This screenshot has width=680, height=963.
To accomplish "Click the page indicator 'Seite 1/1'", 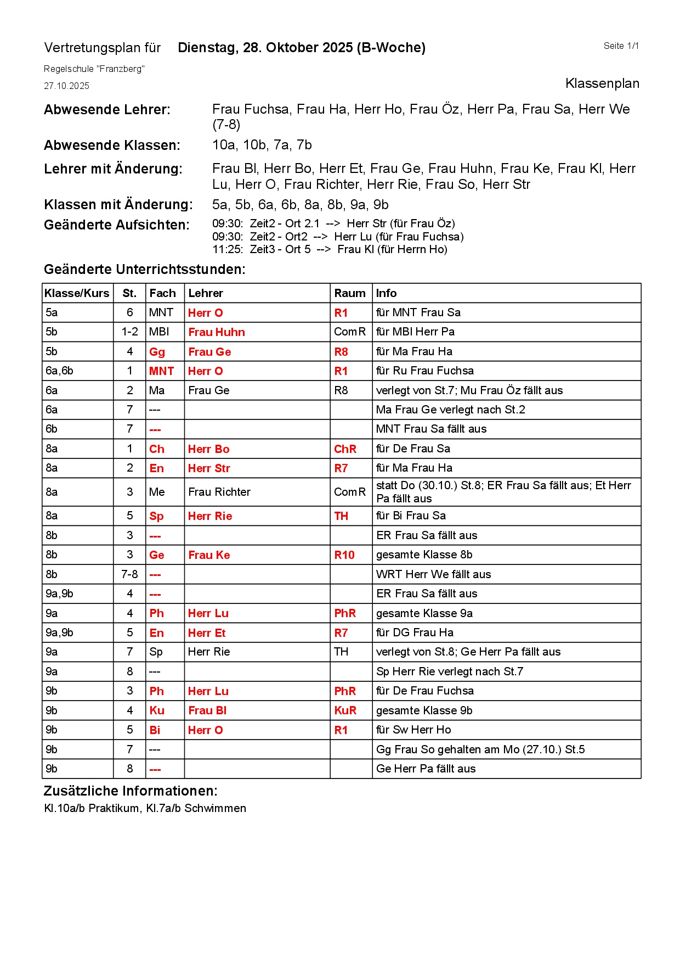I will (x=621, y=46).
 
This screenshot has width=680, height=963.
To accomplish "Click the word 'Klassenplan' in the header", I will (x=602, y=83).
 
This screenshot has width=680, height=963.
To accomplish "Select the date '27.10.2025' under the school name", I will (x=66, y=86).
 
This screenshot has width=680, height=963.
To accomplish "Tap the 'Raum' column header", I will (x=350, y=293).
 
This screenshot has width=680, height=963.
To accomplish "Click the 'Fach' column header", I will (x=162, y=293).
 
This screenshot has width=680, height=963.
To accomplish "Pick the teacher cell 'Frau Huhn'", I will (x=217, y=332).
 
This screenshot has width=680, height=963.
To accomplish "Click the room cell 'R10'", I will (x=344, y=555).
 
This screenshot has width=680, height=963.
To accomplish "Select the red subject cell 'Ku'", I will (x=157, y=710).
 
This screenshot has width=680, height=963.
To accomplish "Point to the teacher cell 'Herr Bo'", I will (x=208, y=449).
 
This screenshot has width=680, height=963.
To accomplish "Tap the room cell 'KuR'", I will (x=345, y=710).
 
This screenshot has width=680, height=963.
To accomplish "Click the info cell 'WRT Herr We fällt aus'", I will (x=433, y=574).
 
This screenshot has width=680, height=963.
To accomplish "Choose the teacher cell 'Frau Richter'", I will (x=219, y=492).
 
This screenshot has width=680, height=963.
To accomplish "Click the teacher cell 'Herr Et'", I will (x=207, y=633).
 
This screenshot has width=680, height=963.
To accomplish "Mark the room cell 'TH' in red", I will (x=341, y=516).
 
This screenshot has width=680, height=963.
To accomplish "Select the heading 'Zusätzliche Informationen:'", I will (x=131, y=791).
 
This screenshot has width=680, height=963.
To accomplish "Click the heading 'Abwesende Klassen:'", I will (x=112, y=145).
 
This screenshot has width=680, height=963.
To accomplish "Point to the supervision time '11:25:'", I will (x=228, y=250).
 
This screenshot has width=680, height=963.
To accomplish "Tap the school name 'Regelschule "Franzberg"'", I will (x=94, y=69).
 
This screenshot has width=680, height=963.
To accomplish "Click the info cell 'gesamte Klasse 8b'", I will (x=424, y=555).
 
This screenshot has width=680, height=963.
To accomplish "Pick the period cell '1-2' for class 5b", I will (x=130, y=332).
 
